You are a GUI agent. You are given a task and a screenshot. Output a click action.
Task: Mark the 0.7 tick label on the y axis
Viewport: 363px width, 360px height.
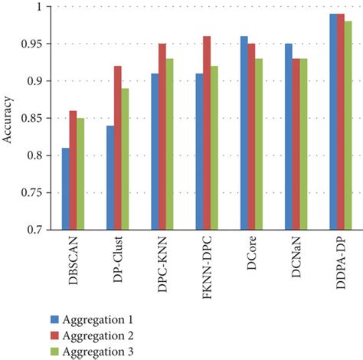tap(36, 230)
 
